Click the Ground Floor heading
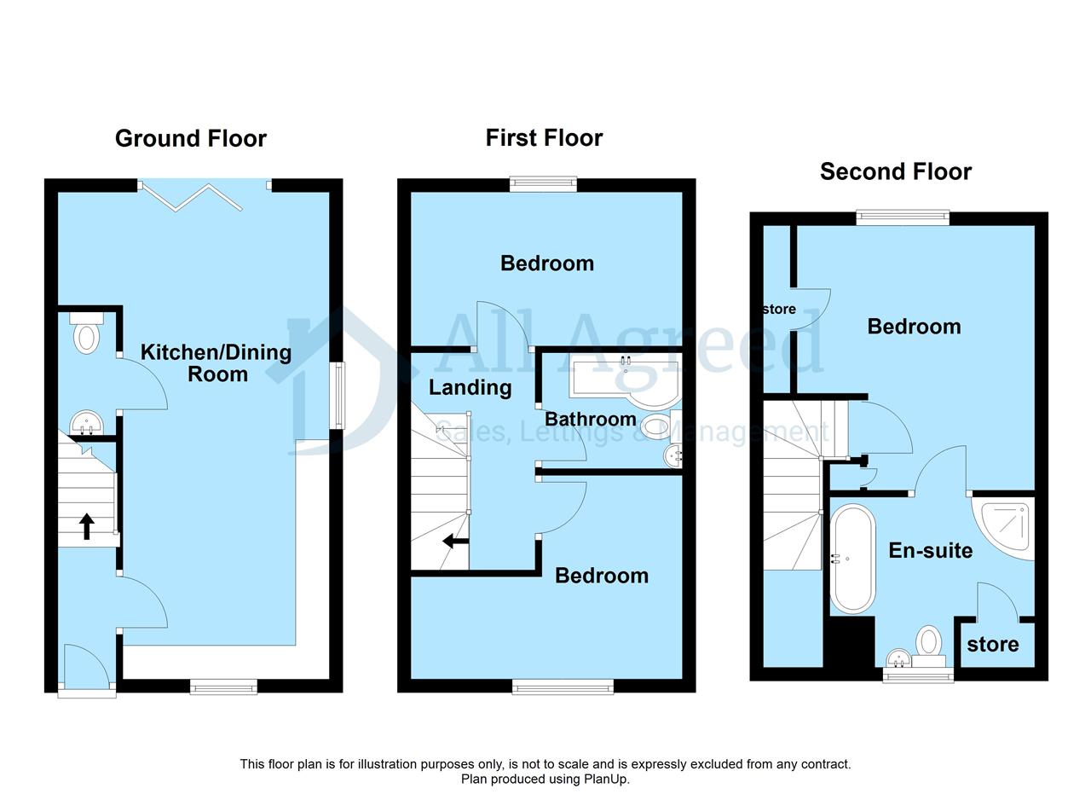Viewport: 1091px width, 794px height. click(x=190, y=139)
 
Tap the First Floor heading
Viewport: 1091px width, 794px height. click(x=544, y=138)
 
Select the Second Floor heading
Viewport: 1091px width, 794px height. click(x=896, y=171)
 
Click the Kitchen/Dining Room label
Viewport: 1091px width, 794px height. click(x=216, y=363)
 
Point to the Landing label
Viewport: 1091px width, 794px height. click(x=470, y=388)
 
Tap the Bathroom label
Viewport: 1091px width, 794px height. click(x=591, y=420)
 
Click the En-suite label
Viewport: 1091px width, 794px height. click(x=931, y=551)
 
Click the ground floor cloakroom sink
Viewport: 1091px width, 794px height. click(x=86, y=423)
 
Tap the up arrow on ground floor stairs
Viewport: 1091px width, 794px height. click(x=87, y=526)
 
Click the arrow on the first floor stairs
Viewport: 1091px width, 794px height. click(x=455, y=541)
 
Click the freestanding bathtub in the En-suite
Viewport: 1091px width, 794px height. click(x=852, y=559)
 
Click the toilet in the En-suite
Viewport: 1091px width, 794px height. click(x=928, y=646)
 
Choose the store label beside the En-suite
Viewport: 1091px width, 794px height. click(x=993, y=645)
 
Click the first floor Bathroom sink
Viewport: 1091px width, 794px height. click(x=673, y=455)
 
